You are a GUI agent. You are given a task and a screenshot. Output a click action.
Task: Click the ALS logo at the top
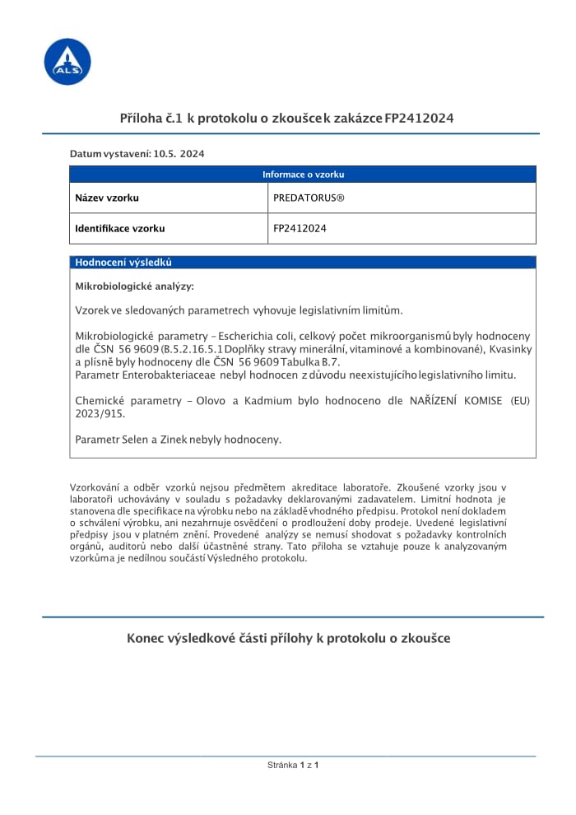pyautogui.click(x=67, y=62)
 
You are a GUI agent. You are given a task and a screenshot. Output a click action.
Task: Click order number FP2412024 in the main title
pyautogui.click(x=419, y=119)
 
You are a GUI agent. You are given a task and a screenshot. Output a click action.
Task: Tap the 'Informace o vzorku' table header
pyautogui.click(x=303, y=175)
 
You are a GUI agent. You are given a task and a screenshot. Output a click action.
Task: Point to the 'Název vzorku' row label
pyautogui.click(x=107, y=198)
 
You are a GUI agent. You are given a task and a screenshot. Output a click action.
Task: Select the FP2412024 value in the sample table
pyautogui.click(x=300, y=229)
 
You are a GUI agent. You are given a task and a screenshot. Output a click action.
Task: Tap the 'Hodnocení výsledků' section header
pyautogui.click(x=123, y=263)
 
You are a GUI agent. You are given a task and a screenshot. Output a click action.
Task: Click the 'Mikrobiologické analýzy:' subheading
pyautogui.click(x=135, y=286)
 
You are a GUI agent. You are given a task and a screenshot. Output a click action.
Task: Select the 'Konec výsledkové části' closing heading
pyautogui.click(x=289, y=639)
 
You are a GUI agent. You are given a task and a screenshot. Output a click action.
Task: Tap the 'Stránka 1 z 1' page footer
pyautogui.click(x=293, y=766)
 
